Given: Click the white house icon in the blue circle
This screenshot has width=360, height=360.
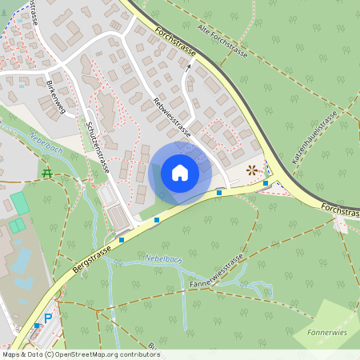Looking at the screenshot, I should (180, 173).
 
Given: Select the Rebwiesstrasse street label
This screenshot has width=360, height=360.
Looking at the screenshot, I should (171, 117).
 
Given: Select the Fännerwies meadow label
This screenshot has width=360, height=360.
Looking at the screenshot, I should (326, 330).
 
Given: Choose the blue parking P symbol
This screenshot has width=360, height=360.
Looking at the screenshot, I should (47, 318).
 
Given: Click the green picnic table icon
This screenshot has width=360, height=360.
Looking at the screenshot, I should (46, 172).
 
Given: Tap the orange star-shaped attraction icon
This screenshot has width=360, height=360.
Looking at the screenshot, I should (253, 170).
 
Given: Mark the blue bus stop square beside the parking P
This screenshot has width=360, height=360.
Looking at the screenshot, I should (37, 326).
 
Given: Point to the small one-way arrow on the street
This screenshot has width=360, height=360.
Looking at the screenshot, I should (189, 69).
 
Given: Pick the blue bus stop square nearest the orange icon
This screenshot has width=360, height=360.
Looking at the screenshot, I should (266, 183).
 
